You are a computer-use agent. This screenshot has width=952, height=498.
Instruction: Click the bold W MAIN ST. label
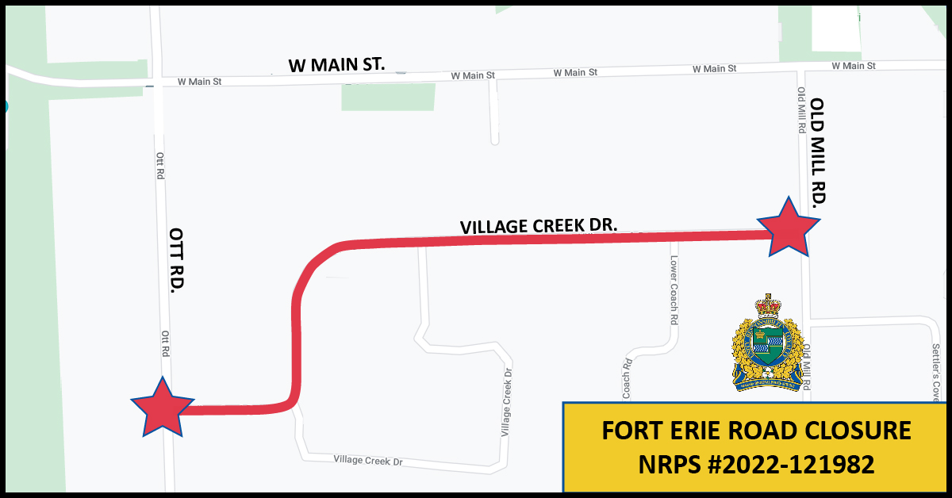coord(336,63)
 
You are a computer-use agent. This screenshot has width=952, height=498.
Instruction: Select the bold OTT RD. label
coord(176,261)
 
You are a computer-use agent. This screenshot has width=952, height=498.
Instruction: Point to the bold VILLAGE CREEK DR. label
coord(539,225)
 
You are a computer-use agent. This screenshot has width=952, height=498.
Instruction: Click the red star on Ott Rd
coord(162,408)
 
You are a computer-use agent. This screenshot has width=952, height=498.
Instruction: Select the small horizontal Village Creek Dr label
coord(368,460)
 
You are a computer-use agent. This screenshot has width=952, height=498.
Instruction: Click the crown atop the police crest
coord(767,305)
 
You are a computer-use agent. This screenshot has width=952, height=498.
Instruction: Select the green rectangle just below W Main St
coord(389,97)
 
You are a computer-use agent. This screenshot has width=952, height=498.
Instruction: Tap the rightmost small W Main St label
coord(854,66)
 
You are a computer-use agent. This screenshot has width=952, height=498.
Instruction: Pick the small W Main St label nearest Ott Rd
coord(199,81)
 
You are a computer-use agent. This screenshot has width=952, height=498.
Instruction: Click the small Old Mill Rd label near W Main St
coord(801,109)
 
